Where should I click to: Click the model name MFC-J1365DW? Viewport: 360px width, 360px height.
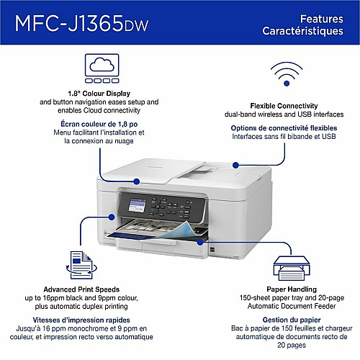[81, 24]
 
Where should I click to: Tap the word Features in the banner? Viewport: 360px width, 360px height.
[322, 19]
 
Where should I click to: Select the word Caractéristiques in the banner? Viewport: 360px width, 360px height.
[302, 32]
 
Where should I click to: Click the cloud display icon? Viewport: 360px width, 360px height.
[102, 68]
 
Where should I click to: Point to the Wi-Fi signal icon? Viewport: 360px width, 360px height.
[287, 74]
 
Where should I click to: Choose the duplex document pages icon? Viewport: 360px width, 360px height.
[81, 265]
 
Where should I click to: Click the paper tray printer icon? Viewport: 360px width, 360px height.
[292, 268]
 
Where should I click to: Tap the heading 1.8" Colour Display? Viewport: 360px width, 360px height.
[99, 94]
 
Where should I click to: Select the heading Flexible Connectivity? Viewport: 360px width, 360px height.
[284, 106]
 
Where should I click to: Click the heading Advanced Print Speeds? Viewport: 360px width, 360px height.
[81, 289]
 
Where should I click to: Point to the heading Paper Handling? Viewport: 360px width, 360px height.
[292, 289]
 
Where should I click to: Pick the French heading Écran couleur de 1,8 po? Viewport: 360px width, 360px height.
[99, 124]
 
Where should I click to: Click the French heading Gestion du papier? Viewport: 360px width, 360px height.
[292, 320]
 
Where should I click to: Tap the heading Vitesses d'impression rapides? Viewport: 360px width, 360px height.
[81, 320]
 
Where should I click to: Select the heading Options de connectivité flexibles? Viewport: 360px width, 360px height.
[284, 128]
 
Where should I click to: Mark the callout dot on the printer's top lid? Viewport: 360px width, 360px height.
[137, 181]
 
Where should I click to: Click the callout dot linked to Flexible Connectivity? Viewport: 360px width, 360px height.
[235, 165]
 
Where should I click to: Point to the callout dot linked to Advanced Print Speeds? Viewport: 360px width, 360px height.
[112, 217]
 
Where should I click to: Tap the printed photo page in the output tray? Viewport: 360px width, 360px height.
[158, 229]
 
